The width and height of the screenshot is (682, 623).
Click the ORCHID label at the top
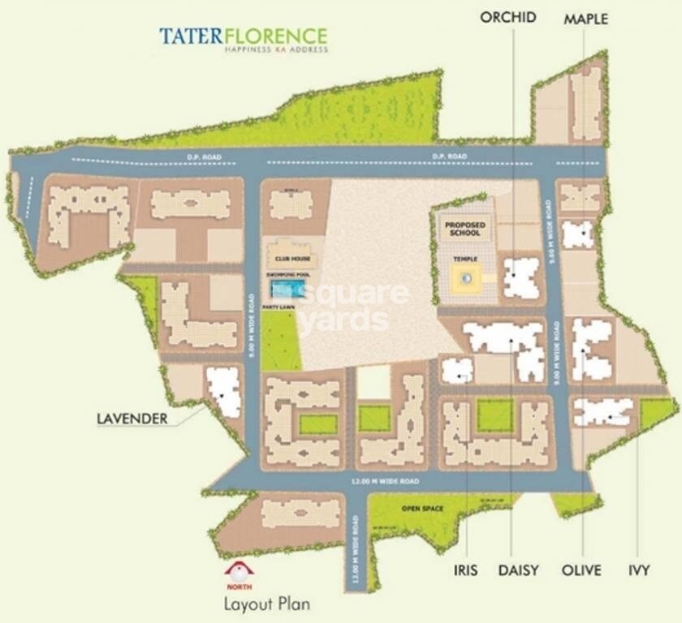508,17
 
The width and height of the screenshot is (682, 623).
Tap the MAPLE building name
585,19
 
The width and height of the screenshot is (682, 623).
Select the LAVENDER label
132,419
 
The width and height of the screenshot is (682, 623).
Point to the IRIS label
466,570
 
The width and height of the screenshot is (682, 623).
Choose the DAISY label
518,570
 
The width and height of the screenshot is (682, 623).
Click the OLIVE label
581,570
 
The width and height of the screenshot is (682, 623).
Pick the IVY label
639,570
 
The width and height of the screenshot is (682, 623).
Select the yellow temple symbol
466,278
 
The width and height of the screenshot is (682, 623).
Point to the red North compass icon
239,571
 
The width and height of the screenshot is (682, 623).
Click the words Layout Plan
267,604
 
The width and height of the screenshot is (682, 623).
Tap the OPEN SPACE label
423,508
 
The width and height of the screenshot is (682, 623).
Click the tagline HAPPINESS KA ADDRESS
276,50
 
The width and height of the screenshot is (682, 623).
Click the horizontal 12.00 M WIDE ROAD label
385,482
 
